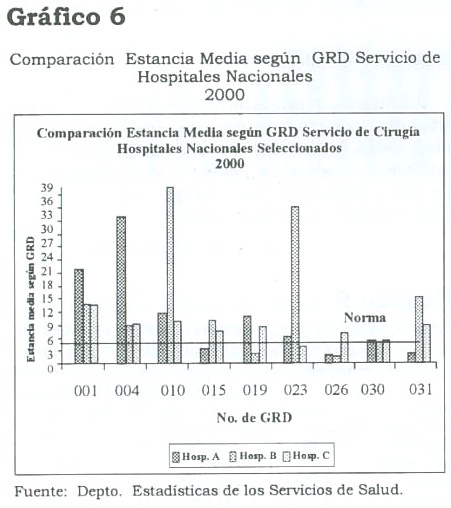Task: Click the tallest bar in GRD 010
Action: click(170, 275)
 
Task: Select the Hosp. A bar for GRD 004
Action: click(121, 290)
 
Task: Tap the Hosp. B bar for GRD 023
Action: click(295, 285)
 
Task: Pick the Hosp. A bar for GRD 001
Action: click(79, 316)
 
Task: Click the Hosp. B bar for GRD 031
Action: click(419, 329)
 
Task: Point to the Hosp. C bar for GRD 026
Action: click(344, 347)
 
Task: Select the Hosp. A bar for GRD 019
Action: click(247, 339)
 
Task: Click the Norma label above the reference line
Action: click(365, 317)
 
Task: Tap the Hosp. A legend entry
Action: click(196, 456)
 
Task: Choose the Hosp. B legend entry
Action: click(253, 456)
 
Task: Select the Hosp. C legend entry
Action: click(306, 456)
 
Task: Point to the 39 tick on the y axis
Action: click(47, 188)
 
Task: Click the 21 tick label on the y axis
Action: click(47, 272)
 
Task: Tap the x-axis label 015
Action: click(213, 390)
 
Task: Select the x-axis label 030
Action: click(372, 389)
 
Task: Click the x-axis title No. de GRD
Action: click(254, 418)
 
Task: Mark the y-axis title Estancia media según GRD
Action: click(31, 299)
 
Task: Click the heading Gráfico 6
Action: click(66, 17)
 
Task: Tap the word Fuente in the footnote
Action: click(41, 491)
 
